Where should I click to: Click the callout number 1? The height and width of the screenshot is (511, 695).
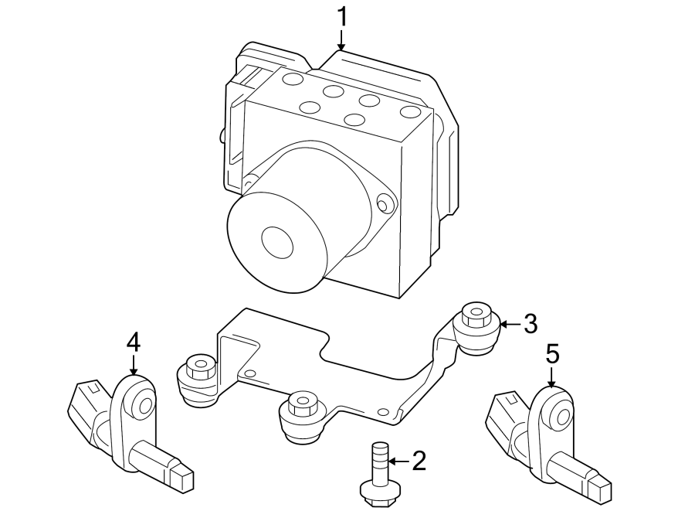click(x=341, y=16)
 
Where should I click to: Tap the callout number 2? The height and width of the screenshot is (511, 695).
click(x=419, y=462)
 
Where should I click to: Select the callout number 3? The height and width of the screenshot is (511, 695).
click(x=529, y=324)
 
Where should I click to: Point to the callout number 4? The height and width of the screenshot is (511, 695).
click(x=134, y=341)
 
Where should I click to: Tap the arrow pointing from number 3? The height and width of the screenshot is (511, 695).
click(x=510, y=324)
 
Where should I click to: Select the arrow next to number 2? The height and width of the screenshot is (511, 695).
click(x=398, y=462)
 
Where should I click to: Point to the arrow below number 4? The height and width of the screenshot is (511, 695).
click(x=134, y=364)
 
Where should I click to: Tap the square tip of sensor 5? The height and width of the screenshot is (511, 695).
click(x=601, y=488)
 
